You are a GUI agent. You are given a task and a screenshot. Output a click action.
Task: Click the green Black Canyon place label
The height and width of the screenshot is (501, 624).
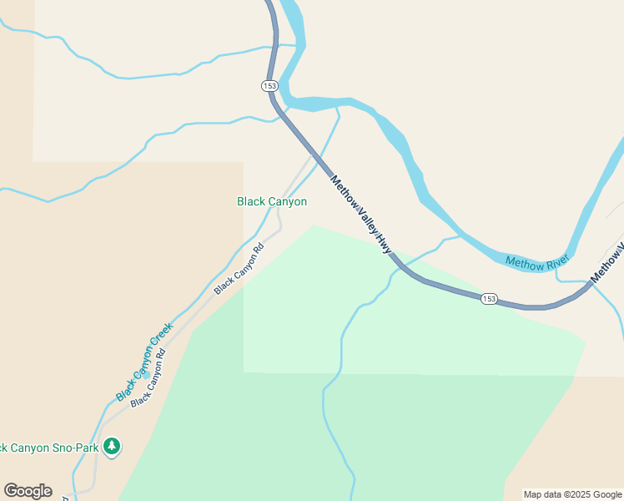coord(272,201)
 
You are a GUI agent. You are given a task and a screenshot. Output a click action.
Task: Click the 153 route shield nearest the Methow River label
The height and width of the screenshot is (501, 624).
coord(489,299)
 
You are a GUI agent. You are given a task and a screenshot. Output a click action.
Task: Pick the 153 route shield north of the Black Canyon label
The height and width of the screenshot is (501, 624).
coord(269,85)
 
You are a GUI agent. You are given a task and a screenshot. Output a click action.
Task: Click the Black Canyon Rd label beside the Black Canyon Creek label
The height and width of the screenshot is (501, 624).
coord(148,377)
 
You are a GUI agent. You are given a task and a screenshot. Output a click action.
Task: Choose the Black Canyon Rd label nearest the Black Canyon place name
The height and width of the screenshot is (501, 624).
coord(239,268)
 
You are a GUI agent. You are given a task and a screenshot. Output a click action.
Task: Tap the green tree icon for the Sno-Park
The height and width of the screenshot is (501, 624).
coord(112,448)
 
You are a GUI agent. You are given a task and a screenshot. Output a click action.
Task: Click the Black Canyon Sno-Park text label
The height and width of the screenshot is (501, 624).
coord(49,448)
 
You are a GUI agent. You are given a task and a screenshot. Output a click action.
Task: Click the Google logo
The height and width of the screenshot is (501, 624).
coord(28,491)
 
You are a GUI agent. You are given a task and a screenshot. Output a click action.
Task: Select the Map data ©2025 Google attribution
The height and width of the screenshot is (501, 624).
coord(572,494)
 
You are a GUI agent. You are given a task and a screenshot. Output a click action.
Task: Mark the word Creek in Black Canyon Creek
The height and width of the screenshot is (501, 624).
coord(162,337)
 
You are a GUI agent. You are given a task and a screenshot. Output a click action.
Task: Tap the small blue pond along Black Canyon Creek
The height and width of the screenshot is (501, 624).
coord(146,374)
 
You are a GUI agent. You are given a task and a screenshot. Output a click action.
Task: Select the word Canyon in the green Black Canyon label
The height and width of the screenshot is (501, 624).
coord(287,201)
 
